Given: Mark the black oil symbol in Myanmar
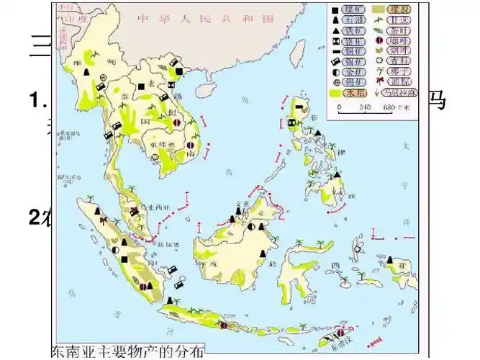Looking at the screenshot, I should point(86,73).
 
